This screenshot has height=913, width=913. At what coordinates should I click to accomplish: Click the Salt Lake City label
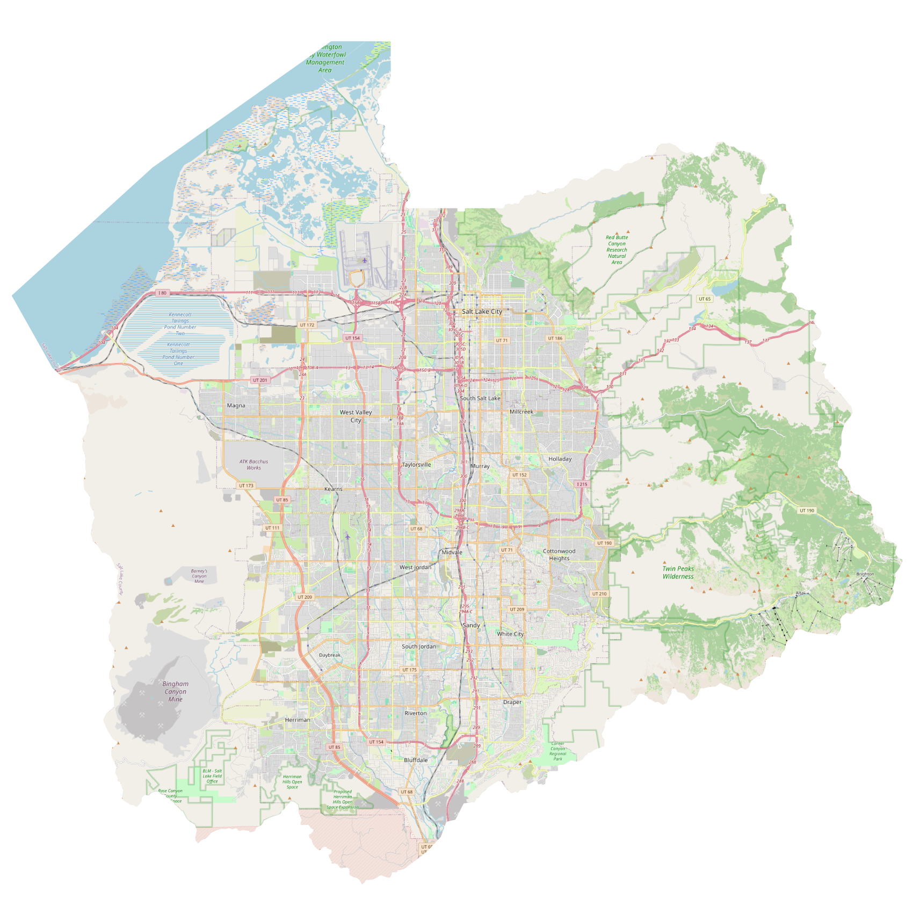coord(482,311)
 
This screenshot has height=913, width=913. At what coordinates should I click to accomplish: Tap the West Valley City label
coord(356,416)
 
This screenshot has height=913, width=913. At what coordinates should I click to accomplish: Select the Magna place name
coord(236,405)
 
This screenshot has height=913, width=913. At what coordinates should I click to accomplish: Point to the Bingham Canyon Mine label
coord(176,691)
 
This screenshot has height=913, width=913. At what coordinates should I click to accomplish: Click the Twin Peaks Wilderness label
coord(678,573)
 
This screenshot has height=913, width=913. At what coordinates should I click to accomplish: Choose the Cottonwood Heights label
coord(559,555)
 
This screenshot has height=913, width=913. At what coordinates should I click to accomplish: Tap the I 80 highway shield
coord(162,293)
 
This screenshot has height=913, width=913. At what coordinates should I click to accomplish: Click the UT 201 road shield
coord(259,380)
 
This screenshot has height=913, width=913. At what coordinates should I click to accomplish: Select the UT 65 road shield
coord(705,299)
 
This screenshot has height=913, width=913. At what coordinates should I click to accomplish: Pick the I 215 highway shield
coord(582,484)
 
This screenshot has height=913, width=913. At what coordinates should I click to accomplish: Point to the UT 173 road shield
coord(246,486)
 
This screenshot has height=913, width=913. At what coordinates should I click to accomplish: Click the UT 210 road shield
coord(599,594)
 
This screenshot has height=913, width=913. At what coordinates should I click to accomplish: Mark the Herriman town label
coord(298,720)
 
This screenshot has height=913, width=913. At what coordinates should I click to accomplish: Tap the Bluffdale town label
coord(416,760)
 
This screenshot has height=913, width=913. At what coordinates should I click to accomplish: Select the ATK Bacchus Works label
coord(253,465)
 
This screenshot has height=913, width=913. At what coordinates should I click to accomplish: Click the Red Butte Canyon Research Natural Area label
coord(617,250)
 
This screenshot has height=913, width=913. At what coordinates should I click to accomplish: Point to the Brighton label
coord(865,574)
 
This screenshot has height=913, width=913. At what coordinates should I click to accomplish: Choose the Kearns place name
coord(333,489)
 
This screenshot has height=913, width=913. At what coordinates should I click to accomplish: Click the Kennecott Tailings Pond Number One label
coord(178,354)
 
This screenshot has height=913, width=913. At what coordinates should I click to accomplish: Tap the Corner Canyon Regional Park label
coord(557,751)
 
